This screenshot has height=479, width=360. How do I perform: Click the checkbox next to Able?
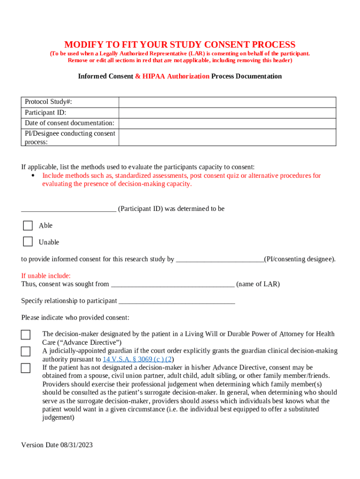point(28,225)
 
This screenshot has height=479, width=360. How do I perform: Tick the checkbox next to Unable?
point(28,242)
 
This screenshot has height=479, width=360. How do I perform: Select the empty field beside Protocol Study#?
point(227,102)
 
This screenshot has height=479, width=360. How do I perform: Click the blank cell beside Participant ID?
point(227,113)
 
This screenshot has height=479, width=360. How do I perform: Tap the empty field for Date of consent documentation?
point(227,123)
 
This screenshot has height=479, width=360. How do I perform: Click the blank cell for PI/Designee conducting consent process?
point(227,137)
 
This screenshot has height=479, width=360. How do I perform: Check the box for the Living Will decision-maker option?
point(26,335)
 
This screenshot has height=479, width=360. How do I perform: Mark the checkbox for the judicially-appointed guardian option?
point(26,351)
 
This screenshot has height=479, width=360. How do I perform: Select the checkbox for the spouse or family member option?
point(26,368)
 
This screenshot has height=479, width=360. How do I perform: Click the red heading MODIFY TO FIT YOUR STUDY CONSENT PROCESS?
point(180,45)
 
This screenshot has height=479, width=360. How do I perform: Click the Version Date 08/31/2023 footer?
point(57,445)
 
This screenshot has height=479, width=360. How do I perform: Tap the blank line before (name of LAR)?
point(173,284)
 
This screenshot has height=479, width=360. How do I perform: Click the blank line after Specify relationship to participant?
point(177,301)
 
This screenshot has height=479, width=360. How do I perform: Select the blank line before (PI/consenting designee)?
point(220,260)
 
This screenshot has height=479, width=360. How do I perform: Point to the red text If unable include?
point(46,276)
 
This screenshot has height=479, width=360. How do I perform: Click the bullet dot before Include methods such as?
point(33,175)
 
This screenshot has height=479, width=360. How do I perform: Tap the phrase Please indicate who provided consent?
point(75,318)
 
